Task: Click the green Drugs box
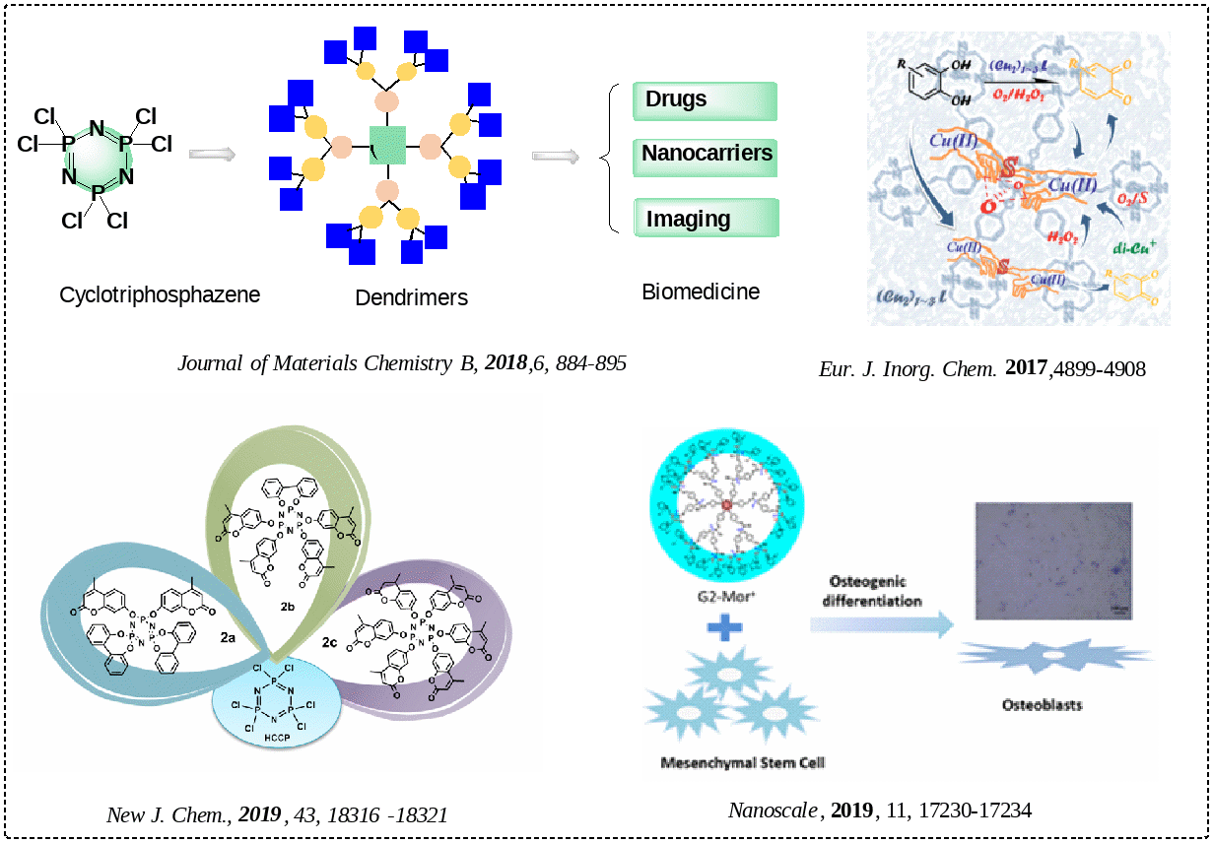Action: tap(706, 100)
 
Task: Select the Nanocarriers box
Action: tap(706, 155)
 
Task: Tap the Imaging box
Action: tap(706, 218)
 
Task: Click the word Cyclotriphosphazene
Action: tap(160, 294)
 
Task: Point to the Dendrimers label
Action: tap(411, 297)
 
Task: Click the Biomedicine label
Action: tap(701, 292)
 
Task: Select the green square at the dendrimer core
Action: tap(387, 146)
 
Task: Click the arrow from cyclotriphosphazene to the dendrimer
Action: tap(212, 154)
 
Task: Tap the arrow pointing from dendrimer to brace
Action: tap(555, 156)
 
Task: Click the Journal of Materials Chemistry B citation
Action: tap(402, 362)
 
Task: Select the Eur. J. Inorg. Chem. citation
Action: tap(981, 369)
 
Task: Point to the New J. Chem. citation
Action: tap(277, 815)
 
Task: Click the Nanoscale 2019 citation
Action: tap(880, 811)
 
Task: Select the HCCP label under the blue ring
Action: tap(275, 736)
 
